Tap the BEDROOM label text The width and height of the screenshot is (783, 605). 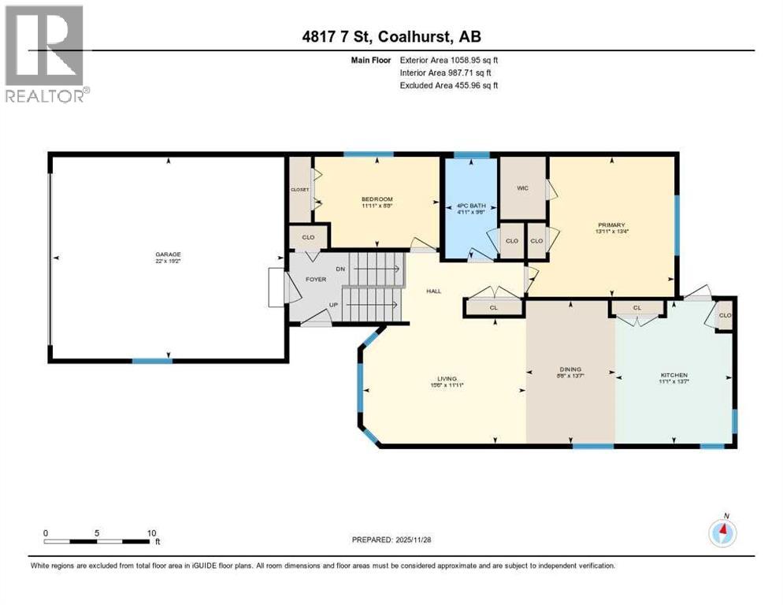click(x=377, y=199)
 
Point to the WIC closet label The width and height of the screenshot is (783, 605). click(x=521, y=188)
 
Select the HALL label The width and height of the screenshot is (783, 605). click(x=434, y=291)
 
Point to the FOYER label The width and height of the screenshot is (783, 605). click(x=316, y=279)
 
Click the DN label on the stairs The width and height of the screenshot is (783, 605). click(x=340, y=269)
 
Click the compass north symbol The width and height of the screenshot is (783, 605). click(x=722, y=532)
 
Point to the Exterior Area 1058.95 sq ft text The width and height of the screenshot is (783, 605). click(x=449, y=59)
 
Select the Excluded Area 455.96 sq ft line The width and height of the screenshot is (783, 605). click(x=449, y=85)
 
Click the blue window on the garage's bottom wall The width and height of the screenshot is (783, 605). click(x=152, y=361)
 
